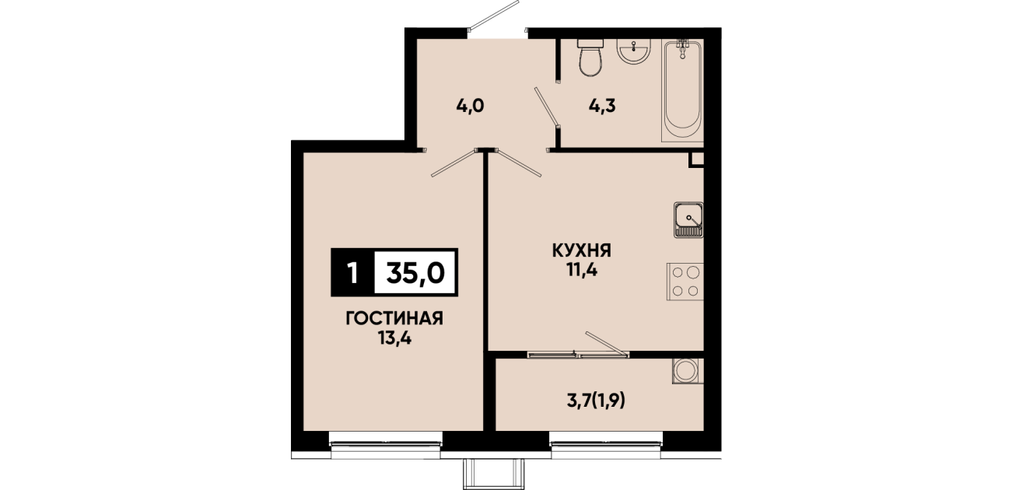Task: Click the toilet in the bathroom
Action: click(x=590, y=58)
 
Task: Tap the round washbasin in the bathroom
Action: click(x=634, y=51)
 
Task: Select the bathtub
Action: click(x=683, y=91)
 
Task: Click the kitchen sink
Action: click(x=688, y=219)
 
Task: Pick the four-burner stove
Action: click(x=685, y=281)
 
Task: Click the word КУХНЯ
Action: click(x=581, y=250)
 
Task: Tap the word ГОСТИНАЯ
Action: click(x=394, y=319)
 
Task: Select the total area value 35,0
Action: click(x=415, y=274)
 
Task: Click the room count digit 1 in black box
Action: click(x=353, y=273)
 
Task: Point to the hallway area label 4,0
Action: click(x=470, y=107)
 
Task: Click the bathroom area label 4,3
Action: click(x=602, y=106)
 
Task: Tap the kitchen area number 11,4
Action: click(x=582, y=271)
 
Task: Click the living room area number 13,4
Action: click(x=395, y=338)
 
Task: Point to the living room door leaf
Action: click(x=453, y=163)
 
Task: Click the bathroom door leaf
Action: click(x=547, y=107)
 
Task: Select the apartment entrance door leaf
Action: click(x=494, y=16)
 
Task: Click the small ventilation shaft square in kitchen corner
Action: click(x=696, y=160)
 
